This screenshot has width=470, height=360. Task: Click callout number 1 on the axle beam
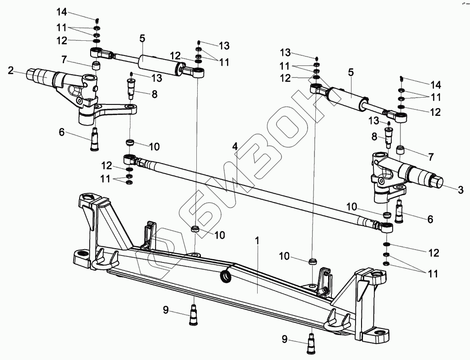(x=257, y=240)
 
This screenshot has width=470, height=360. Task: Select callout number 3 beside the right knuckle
(x=461, y=188)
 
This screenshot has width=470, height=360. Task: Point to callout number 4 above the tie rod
(x=235, y=147)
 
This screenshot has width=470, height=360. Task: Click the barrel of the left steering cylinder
(x=158, y=64)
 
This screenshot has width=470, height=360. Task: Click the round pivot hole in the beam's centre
(x=226, y=277)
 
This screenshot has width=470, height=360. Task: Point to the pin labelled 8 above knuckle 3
(x=389, y=137)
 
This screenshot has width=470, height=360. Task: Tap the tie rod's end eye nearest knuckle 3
(x=387, y=226)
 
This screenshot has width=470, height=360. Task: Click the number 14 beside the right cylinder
(x=435, y=85)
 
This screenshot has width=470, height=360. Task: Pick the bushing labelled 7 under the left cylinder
(x=97, y=65)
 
